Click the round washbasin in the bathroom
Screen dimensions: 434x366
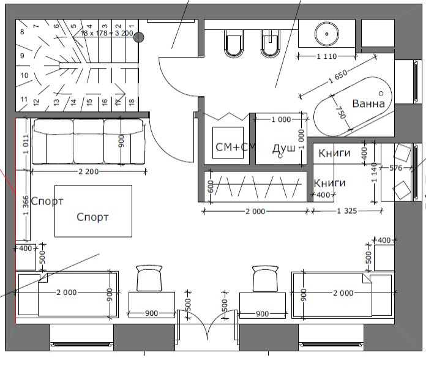(327, 34)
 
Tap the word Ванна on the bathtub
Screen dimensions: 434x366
(369, 104)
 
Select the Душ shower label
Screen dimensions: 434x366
(283, 149)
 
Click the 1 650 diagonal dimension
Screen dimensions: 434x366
(338, 77)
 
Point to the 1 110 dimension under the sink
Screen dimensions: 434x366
(327, 56)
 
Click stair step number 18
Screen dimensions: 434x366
(132, 102)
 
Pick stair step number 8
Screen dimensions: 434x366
(22, 32)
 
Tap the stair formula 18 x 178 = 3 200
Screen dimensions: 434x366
(107, 33)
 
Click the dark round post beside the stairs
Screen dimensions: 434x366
(138, 37)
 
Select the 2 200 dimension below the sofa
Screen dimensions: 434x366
(89, 172)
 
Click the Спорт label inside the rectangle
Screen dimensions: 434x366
(92, 217)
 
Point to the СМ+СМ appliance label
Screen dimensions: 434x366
(236, 147)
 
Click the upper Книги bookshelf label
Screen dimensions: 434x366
(334, 153)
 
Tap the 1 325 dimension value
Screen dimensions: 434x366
(347, 211)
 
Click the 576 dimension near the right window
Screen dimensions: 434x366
(396, 168)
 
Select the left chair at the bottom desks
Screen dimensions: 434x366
(149, 278)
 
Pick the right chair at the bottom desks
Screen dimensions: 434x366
(265, 278)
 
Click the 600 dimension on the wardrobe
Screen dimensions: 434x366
(211, 187)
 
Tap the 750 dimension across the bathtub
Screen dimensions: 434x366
(342, 113)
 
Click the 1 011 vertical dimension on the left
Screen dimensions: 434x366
(26, 144)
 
